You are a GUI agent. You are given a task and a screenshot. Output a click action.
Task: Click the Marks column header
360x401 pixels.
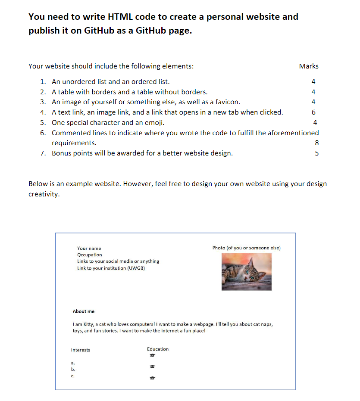309,66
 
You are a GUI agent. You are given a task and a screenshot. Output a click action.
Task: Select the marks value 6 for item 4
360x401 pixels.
313,112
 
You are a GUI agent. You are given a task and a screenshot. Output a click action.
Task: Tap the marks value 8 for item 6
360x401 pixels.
317,143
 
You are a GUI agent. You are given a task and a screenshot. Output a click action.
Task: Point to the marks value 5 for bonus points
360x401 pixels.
317,153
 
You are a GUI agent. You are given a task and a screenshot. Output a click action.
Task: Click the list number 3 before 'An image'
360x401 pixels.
43,102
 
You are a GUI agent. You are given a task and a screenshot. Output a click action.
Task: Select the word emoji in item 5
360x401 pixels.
153,123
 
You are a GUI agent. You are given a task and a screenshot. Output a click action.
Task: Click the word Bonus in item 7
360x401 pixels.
61,153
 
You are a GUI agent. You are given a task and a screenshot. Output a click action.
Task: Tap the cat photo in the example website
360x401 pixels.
247,272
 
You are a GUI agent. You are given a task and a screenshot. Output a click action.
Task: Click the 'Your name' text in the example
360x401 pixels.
89,249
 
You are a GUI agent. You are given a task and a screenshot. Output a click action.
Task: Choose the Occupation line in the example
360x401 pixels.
90,255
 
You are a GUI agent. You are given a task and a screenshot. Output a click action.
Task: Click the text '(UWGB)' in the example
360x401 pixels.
137,268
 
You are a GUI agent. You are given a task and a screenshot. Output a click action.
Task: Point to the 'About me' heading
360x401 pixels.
84,311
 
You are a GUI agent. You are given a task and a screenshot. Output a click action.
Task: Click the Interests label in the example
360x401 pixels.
81,350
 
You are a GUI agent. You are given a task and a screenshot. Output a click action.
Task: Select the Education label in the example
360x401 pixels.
158,349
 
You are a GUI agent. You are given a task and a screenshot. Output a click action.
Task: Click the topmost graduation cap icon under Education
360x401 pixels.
152,356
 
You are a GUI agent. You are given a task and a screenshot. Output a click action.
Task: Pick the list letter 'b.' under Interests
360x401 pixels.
73,370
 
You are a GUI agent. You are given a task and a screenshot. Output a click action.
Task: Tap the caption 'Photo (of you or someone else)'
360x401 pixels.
247,248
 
